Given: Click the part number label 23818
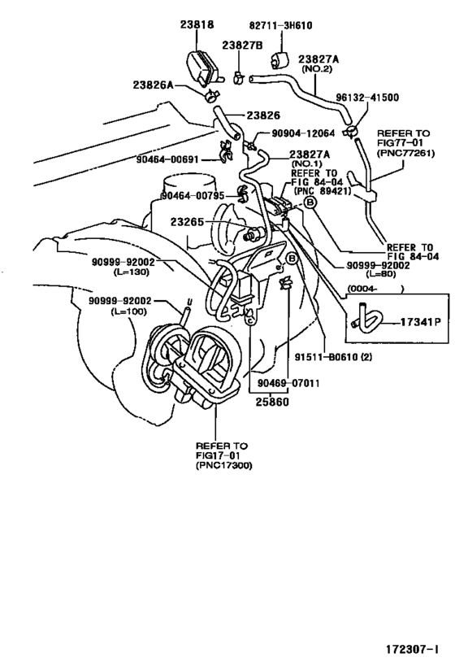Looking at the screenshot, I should (197, 25).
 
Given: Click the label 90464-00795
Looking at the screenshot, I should (192, 196).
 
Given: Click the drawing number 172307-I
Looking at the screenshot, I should (413, 651).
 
